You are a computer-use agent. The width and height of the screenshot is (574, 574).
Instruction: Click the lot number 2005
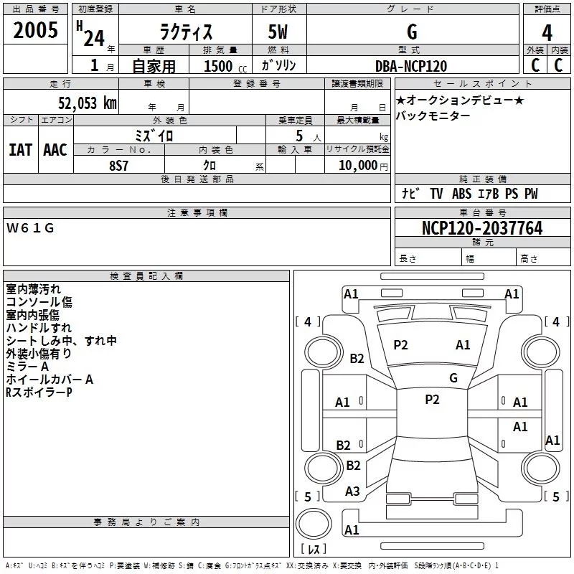point(35,30)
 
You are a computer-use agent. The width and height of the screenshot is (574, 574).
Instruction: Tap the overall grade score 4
point(547,33)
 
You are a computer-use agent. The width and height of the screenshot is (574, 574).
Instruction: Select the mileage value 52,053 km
point(88,103)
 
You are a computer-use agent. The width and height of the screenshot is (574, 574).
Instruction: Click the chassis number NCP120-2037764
point(482,228)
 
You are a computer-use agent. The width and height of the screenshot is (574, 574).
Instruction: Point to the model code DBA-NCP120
point(411,66)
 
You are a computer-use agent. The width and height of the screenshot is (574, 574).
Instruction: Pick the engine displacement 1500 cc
point(225,66)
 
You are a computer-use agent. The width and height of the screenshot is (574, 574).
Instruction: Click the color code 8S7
point(119,166)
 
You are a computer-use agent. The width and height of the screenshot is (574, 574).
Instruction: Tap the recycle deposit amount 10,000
point(358,166)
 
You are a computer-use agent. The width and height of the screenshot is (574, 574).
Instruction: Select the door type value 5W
point(278,32)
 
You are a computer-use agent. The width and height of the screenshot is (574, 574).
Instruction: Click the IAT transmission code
point(21,150)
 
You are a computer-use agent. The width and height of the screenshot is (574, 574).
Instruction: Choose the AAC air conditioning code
point(55,150)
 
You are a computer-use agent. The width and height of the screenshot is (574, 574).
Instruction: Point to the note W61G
point(30,228)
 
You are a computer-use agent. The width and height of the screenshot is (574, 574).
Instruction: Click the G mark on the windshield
point(453,377)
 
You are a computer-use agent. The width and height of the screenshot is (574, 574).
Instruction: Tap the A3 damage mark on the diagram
point(352,491)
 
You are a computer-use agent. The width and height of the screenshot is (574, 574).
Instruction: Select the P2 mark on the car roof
point(433,400)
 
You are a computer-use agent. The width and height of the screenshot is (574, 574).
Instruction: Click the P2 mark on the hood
point(400,345)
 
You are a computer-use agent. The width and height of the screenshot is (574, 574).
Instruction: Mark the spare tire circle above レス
point(314,524)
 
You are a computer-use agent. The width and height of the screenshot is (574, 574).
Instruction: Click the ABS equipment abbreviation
point(461,194)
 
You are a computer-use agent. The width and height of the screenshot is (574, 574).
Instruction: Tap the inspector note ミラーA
point(27,367)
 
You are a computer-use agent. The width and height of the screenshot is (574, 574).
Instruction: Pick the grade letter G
point(412,32)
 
